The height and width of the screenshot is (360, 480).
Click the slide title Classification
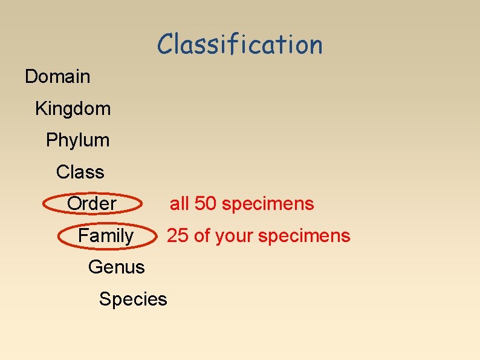[240, 44]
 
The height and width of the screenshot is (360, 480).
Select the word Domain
[57, 77]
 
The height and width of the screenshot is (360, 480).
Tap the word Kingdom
[73, 109]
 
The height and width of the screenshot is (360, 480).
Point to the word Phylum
[78, 140]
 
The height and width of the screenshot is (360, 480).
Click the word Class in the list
[80, 172]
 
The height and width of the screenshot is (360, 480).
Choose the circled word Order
[91, 204]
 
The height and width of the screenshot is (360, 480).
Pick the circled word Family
[106, 235]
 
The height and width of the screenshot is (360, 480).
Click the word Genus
[116, 267]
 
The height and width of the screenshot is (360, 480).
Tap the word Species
[133, 299]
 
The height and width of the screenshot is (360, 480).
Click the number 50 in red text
[206, 204]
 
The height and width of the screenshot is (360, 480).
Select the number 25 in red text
[177, 235]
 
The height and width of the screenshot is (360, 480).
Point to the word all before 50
[180, 204]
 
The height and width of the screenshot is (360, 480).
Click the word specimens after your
[304, 236]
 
